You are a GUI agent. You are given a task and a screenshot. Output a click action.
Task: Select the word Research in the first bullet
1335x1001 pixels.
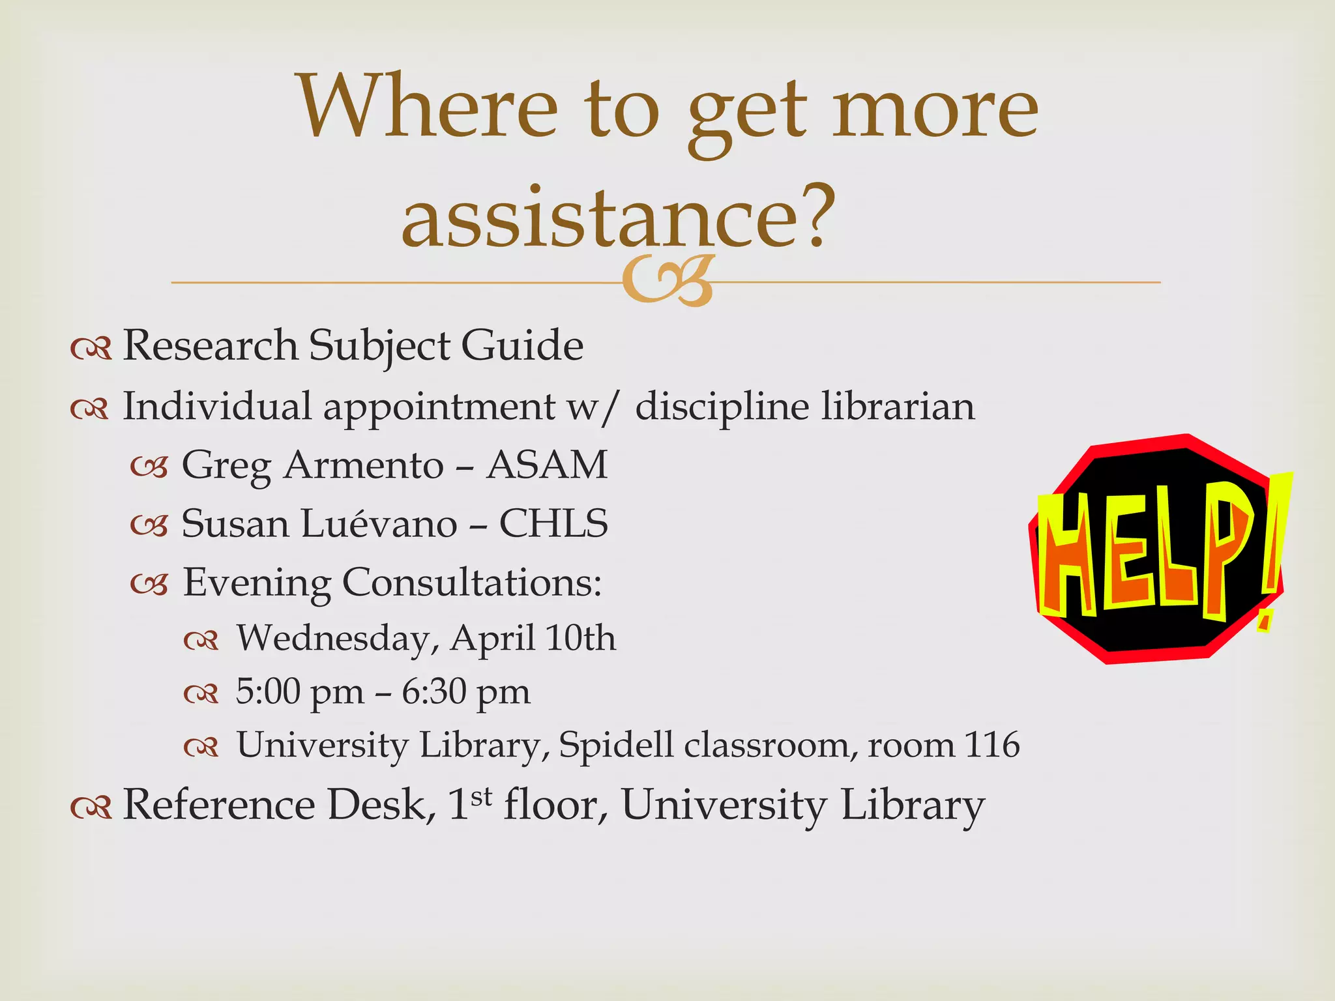pyautogui.click(x=210, y=345)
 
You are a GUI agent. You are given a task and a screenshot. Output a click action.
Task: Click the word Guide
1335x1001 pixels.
pyautogui.click(x=522, y=345)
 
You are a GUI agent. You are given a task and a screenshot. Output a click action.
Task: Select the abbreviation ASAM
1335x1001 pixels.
pyautogui.click(x=547, y=465)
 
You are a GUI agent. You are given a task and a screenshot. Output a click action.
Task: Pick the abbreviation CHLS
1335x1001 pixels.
pyautogui.click(x=553, y=524)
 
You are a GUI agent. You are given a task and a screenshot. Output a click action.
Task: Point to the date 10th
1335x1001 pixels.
pyautogui.click(x=580, y=638)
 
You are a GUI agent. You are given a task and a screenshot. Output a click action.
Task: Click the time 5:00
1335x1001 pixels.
pyautogui.click(x=268, y=691)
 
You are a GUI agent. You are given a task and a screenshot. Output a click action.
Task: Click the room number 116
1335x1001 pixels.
pyautogui.click(x=991, y=745)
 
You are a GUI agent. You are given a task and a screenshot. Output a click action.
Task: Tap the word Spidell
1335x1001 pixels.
pyautogui.click(x=616, y=746)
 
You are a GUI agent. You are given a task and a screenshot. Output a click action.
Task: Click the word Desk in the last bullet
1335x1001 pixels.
pyautogui.click(x=381, y=805)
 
